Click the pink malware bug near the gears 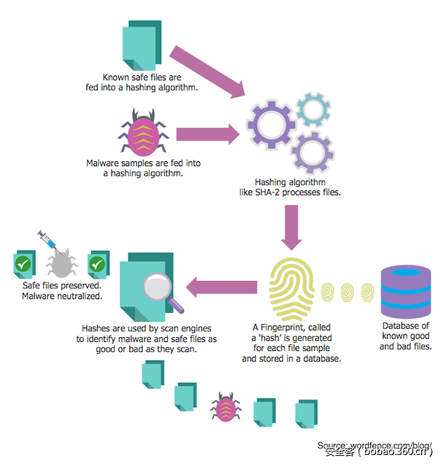point(143,133)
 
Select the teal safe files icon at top point(142,45)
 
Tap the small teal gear point(314,109)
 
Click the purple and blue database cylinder point(405,289)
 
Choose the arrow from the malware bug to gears point(208,133)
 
